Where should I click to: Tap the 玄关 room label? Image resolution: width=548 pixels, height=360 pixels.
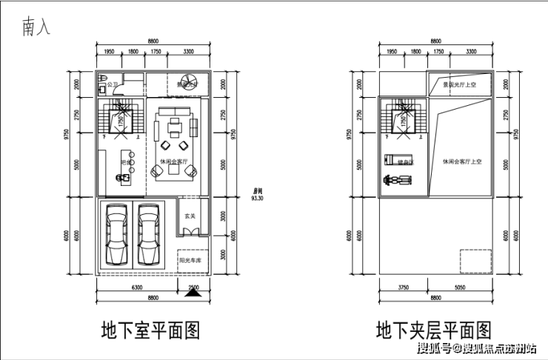click(x=190, y=217)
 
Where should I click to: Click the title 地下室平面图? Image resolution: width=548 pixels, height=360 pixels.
click(x=150, y=328)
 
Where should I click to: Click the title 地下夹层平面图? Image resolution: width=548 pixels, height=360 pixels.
click(x=433, y=328)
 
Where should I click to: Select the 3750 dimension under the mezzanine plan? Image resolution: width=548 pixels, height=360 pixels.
click(x=404, y=287)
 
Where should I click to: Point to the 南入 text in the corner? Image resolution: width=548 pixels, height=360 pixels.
click(x=38, y=27)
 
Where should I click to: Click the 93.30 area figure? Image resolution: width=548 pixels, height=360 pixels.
click(x=258, y=199)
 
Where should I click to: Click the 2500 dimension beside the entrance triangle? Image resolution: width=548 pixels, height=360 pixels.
click(x=193, y=287)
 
